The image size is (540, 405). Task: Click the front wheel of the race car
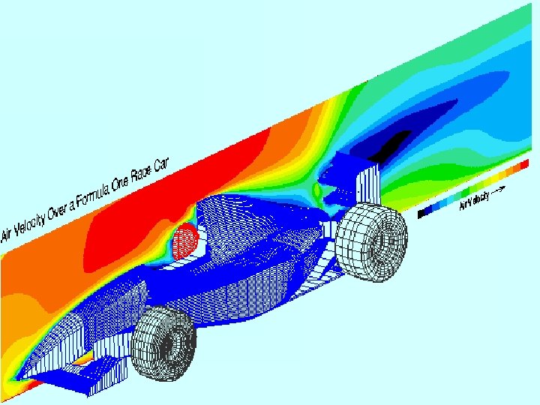pos(164,343)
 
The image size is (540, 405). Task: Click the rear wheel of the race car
pos(372,241)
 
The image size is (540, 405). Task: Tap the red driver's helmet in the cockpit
pos(185,240)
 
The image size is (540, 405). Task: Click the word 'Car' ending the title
pos(161,165)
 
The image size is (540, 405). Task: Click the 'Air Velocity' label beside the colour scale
pos(474,200)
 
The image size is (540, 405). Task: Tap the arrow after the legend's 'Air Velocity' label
pos(499,190)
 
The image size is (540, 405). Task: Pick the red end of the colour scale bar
pos(524,164)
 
